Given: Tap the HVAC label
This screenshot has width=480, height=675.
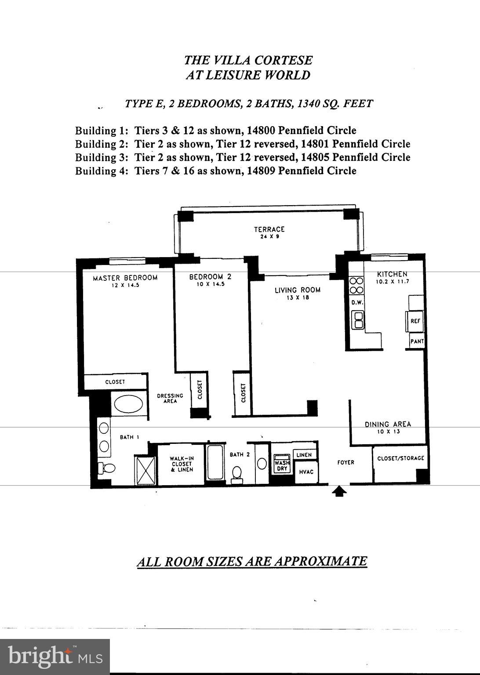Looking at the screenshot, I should pyautogui.click(x=306, y=472).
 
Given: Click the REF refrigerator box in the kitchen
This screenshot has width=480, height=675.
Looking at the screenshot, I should pyautogui.click(x=415, y=321).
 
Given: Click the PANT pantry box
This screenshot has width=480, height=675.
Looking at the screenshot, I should pyautogui.click(x=417, y=341).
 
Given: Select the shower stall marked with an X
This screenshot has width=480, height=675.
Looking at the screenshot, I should pyautogui.click(x=145, y=471).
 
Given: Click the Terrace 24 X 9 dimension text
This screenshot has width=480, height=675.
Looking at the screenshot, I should pyautogui.click(x=269, y=236).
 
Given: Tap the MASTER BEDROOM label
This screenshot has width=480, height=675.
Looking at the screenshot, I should pyautogui.click(x=125, y=278).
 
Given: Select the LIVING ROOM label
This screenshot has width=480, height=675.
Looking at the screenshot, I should pyautogui.click(x=298, y=290).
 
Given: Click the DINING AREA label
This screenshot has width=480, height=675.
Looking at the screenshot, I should pyautogui.click(x=388, y=424).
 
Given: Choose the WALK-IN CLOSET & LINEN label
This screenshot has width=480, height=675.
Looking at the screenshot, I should pyautogui.click(x=182, y=464).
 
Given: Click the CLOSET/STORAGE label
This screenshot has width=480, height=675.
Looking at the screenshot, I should pyautogui.click(x=400, y=458).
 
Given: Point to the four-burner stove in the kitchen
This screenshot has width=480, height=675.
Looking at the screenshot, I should pyautogui.click(x=356, y=285).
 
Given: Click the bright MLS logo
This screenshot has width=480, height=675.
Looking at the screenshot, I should pyautogui.click(x=55, y=656).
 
